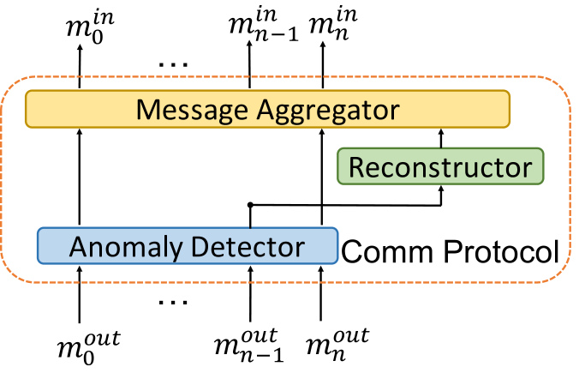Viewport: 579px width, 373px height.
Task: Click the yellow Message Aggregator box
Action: pos(267,109)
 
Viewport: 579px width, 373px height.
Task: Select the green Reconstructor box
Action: pos(440,166)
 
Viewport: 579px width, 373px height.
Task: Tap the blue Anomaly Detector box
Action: pos(188,246)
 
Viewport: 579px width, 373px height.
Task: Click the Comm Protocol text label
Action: pos(450,251)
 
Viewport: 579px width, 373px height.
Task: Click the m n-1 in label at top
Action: pos(263,24)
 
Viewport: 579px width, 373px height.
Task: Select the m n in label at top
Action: pos(333,24)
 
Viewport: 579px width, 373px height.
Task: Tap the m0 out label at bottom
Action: pos(88,347)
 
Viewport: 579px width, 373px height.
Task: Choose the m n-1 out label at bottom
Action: pos(249,345)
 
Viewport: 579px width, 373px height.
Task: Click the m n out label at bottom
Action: pos(337,345)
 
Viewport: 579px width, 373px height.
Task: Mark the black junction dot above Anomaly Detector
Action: pos(250,204)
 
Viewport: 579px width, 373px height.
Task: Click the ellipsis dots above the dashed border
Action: pos(173,64)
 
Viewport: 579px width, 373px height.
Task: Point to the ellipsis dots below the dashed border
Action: pos(173,303)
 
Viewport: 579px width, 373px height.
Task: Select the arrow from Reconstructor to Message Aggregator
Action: pos(440,138)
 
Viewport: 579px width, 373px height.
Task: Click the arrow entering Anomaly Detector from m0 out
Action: pos(79,294)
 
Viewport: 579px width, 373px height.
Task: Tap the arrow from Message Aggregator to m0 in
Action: pos(79,67)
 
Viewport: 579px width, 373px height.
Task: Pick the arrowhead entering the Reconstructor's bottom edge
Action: pos(440,189)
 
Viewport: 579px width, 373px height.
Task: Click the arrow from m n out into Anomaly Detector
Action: pos(320,293)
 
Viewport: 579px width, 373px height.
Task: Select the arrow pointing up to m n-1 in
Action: pos(249,64)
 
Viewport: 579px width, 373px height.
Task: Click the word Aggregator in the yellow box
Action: pos(328,111)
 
